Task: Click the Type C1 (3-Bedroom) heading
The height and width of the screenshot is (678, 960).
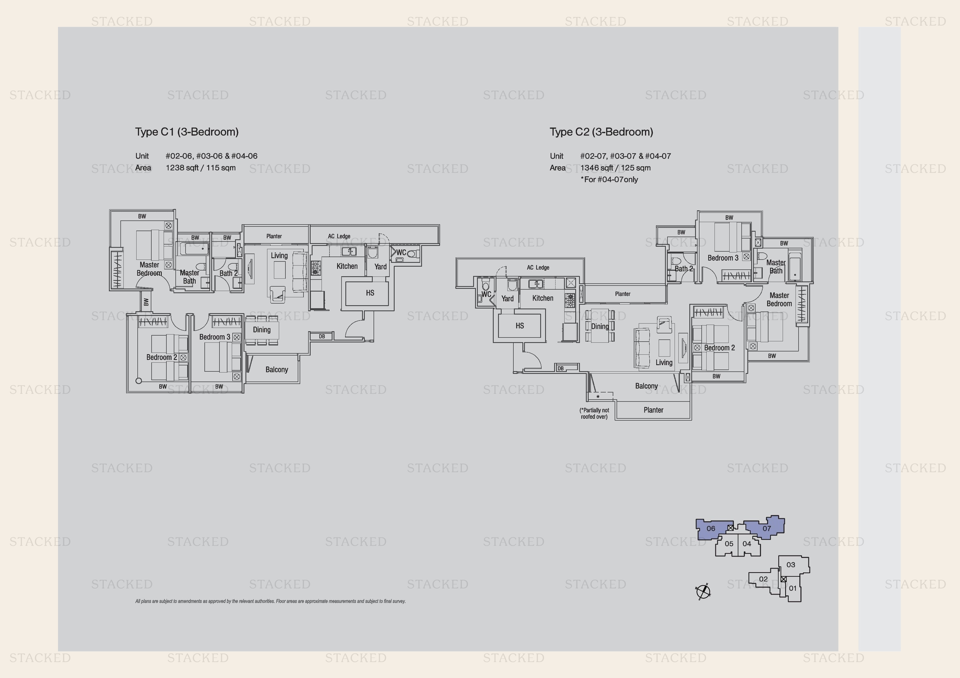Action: coord(187,132)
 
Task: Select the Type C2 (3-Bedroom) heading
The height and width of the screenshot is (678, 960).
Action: coord(601,132)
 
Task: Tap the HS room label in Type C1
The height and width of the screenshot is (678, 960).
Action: coord(370,293)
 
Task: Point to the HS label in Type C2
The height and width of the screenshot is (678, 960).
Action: coord(520,325)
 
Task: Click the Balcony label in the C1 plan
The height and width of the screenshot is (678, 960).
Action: coord(277,370)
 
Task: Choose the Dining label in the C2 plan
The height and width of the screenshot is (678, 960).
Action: coord(600,326)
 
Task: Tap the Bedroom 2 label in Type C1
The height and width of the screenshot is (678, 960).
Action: coord(161,357)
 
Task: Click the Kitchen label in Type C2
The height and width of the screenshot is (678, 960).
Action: coord(543,298)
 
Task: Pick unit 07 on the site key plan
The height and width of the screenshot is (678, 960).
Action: coord(767,528)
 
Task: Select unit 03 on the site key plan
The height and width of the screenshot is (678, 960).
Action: coord(791,565)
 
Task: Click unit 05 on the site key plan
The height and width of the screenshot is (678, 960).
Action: coord(729,544)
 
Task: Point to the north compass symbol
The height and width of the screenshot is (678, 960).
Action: coord(703,592)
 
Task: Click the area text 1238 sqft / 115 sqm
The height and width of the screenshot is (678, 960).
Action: coord(201,168)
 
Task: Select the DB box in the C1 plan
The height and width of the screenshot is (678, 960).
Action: coord(322,336)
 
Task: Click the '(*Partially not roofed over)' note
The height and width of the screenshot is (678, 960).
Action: coord(594,414)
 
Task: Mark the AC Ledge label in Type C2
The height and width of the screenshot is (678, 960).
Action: coord(538,267)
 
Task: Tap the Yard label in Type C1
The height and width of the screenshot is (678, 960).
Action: coord(380,266)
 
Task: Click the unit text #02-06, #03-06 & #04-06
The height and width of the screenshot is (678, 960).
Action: coord(212,156)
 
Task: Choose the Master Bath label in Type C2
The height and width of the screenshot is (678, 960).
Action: coord(776,266)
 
